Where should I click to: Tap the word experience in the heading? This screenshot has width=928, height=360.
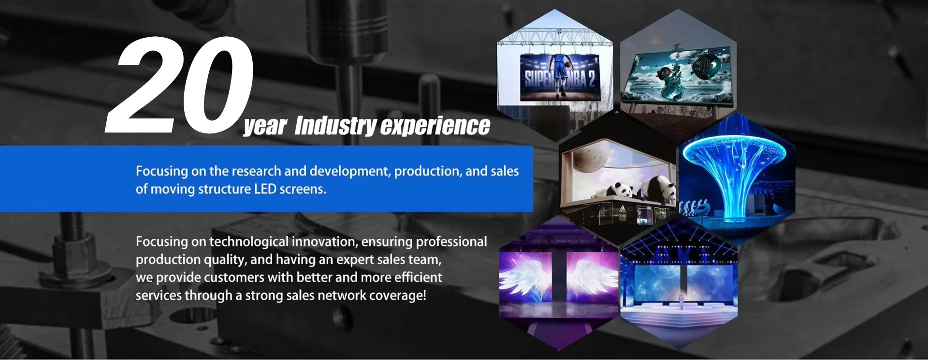click(x=435, y=126)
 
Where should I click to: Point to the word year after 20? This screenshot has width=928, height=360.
click(x=265, y=127)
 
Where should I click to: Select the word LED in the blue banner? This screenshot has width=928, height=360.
click(x=265, y=189)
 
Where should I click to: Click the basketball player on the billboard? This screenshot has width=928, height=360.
click(x=560, y=77)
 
